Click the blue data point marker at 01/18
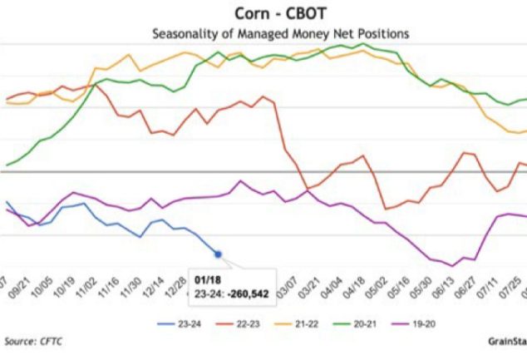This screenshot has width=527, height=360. [218, 254]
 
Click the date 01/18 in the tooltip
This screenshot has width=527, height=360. [204, 281]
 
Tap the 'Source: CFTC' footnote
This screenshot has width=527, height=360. [32, 341]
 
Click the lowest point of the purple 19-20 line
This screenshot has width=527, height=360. [453, 265]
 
